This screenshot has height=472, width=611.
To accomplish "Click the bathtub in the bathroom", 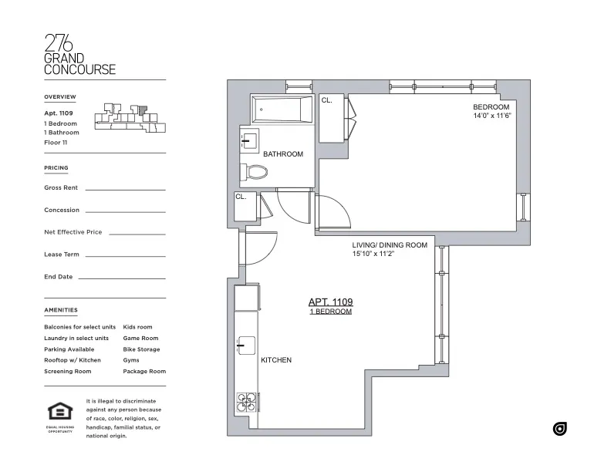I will pyautogui.click(x=281, y=110).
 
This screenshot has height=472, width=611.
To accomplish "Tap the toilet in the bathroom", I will pyautogui.click(x=254, y=171).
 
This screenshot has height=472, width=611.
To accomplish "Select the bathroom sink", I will pyautogui.click(x=249, y=140).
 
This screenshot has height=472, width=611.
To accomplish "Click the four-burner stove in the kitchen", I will pyautogui.click(x=246, y=403).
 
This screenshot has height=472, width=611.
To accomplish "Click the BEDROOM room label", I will pyautogui.click(x=491, y=106).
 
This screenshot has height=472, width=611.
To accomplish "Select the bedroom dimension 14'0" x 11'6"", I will pyautogui.click(x=492, y=116).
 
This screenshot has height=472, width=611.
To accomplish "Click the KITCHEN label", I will pyautogui.click(x=276, y=360).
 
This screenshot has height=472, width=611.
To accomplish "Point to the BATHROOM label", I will pyautogui.click(x=283, y=154).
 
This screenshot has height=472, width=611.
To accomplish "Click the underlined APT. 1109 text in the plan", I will pyautogui.click(x=330, y=302).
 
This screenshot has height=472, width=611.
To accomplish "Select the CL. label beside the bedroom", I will pyautogui.click(x=326, y=100).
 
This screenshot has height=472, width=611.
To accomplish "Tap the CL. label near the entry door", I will pyautogui.click(x=241, y=197).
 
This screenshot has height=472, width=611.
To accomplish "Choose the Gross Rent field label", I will pyautogui.click(x=61, y=187).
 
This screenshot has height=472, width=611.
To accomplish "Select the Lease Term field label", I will pyautogui.click(x=62, y=254).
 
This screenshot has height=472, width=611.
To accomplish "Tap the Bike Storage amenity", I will pyautogui.click(x=141, y=349).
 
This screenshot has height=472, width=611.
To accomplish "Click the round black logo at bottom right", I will pyautogui.click(x=560, y=429).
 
